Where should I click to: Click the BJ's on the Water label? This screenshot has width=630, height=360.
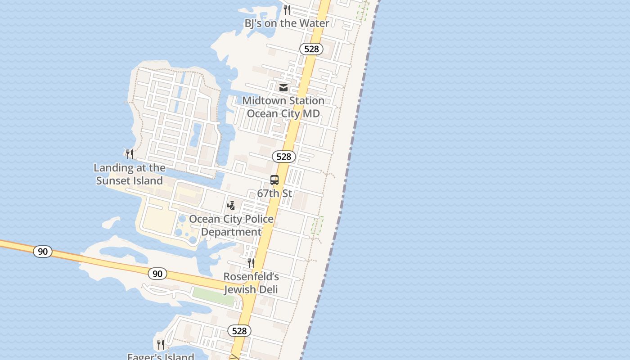(287, 23)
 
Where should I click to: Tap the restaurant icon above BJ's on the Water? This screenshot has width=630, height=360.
(287, 9)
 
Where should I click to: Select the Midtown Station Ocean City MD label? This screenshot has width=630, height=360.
(283, 107)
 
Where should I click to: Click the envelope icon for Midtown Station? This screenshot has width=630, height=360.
(283, 88)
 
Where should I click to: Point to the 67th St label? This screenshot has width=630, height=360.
(274, 193)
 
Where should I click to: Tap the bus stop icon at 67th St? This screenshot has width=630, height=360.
(274, 180)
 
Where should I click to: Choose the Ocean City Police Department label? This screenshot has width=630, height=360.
(231, 225)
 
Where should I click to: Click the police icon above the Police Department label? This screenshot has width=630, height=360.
(231, 206)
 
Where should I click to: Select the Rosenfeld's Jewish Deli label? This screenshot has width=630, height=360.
(251, 283)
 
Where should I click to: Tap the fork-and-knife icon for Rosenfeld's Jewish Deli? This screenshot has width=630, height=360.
(251, 263)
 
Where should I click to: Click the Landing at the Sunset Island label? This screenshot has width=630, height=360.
(130, 174)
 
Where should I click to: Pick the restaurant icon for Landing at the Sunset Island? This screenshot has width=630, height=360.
(130, 154)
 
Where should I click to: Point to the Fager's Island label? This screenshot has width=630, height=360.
(161, 356)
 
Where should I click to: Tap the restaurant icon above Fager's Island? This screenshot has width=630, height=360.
(161, 345)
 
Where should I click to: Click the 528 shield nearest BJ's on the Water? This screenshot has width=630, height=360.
(311, 49)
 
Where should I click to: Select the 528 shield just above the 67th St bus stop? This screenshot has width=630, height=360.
(283, 157)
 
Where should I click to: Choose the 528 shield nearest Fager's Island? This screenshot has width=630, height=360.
(239, 331)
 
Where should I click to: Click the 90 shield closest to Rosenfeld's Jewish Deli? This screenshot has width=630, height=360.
(157, 274)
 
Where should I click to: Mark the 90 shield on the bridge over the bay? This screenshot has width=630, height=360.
(43, 252)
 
